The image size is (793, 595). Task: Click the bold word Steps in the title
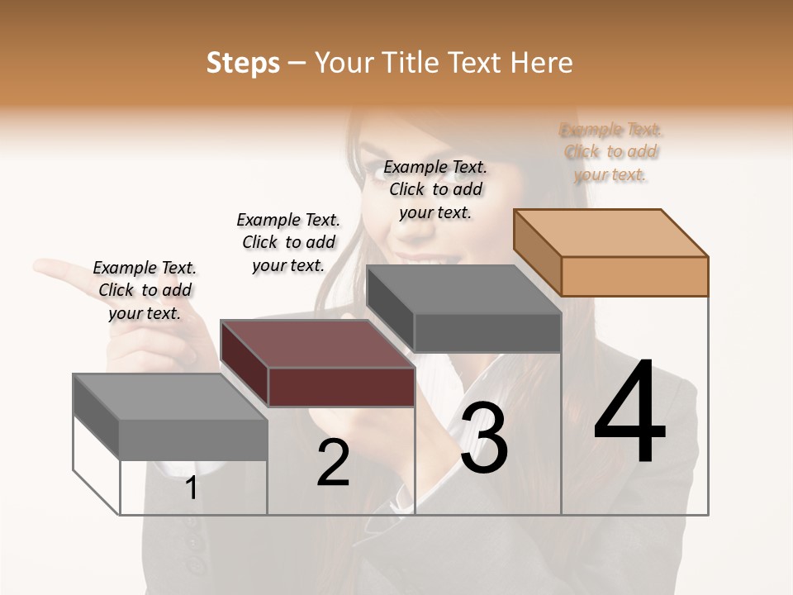[x=243, y=64]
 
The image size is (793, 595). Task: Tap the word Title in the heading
[x=413, y=63]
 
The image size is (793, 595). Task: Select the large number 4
[x=629, y=413]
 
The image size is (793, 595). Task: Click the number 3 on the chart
[x=484, y=438]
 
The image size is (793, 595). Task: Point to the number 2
[x=333, y=463]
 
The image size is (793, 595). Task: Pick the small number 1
[x=191, y=488]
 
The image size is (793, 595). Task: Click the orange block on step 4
[x=611, y=252]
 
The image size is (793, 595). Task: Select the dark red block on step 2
[x=318, y=364]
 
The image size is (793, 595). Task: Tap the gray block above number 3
[x=464, y=310]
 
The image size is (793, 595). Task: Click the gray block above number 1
[x=171, y=417]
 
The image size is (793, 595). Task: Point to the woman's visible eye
[x=459, y=174]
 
